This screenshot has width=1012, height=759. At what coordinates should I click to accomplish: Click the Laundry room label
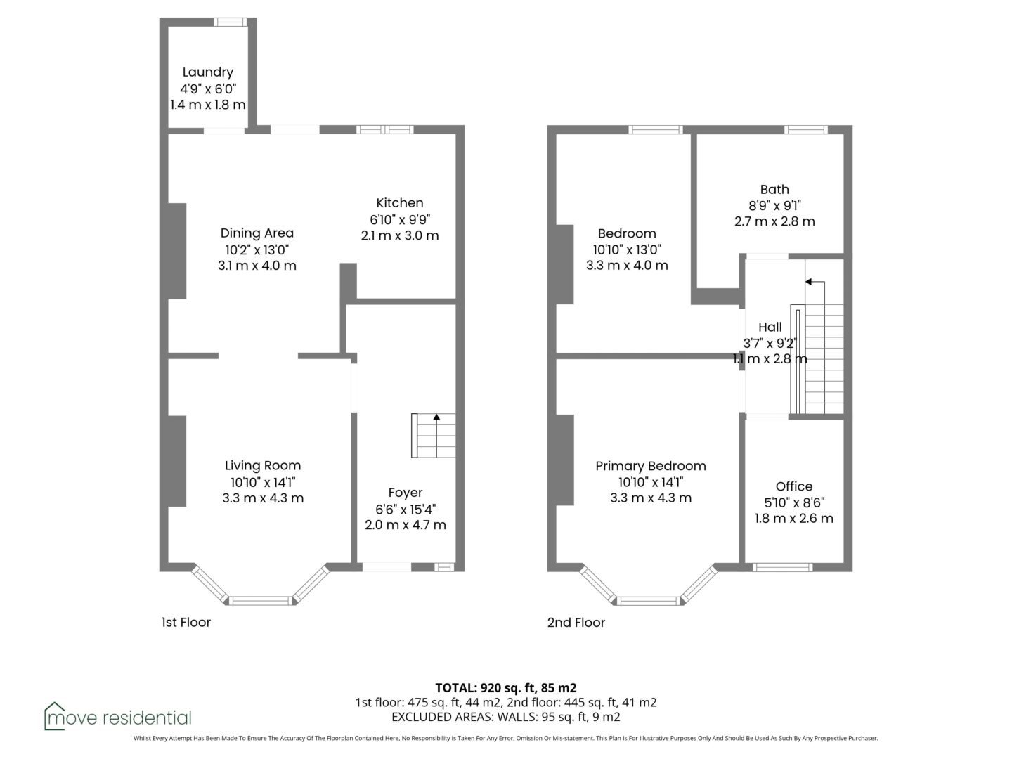207,72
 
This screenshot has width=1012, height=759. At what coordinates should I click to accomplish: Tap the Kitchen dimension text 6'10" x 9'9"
400,219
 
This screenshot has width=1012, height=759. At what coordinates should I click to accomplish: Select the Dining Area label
257,233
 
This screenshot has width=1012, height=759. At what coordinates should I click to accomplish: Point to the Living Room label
263,466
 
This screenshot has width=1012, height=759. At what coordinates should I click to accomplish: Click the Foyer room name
406,493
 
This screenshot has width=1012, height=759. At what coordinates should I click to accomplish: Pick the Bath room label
774,190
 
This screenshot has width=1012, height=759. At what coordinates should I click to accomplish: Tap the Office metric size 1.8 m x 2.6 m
794,519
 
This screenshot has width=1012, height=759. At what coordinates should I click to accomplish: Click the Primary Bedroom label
651,466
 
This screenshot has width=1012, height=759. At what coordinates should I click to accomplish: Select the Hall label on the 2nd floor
770,327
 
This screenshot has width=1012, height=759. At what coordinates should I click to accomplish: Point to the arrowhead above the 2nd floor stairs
808,282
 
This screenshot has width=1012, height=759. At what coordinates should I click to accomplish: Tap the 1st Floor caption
186,622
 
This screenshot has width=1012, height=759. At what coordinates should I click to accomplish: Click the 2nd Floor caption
576,623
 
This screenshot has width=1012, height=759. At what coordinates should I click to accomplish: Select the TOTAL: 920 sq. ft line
506,688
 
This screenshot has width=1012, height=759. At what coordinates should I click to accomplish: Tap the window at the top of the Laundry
230,22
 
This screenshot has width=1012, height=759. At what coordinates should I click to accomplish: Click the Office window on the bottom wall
782,567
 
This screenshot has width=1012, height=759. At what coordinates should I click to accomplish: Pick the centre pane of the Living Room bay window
261,600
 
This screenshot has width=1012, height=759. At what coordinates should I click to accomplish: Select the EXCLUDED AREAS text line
506,717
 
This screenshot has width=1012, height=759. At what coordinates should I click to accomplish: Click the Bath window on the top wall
806,129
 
